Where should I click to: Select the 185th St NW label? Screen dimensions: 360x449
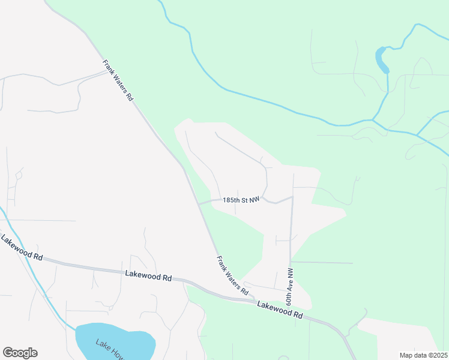(x=241, y=200)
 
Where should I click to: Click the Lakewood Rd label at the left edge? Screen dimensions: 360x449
(x=22, y=248)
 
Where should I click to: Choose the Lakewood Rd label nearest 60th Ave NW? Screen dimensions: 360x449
(x=280, y=309)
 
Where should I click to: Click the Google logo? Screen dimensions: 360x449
(x=20, y=353)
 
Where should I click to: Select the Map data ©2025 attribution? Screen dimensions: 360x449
(x=423, y=355)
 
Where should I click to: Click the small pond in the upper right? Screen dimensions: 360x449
(x=382, y=60)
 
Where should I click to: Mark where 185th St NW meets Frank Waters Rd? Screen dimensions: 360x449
(x=199, y=203)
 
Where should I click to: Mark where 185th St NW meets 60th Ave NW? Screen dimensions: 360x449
(x=292, y=197)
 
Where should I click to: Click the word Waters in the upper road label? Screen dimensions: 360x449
(x=118, y=81)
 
